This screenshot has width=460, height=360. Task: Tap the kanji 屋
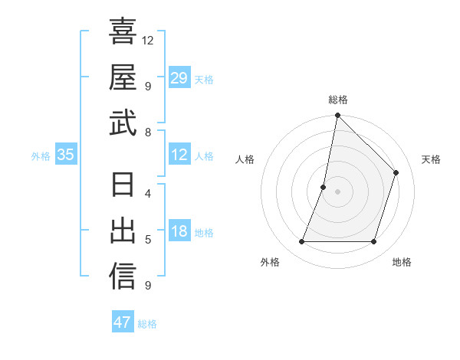(123, 77)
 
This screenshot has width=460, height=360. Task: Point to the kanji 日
(123, 185)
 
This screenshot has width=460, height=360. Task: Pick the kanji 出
(123, 231)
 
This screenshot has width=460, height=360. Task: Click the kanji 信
(123, 277)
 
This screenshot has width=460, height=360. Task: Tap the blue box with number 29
(179, 78)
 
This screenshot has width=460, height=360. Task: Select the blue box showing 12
(179, 155)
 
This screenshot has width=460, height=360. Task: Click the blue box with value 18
(179, 232)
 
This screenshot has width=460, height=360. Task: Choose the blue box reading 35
(66, 155)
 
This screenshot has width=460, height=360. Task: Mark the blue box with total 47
(123, 322)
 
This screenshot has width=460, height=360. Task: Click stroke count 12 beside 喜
(149, 40)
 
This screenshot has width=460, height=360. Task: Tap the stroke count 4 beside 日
(148, 193)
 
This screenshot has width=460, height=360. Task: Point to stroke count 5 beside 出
(148, 240)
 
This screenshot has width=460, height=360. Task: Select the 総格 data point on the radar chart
(337, 116)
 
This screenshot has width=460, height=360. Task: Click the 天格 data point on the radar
(396, 172)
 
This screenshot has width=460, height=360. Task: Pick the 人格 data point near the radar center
(324, 187)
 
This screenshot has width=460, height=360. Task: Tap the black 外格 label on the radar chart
(270, 262)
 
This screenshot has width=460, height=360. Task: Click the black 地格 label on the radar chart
(402, 262)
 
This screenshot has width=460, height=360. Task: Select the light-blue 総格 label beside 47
(147, 324)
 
